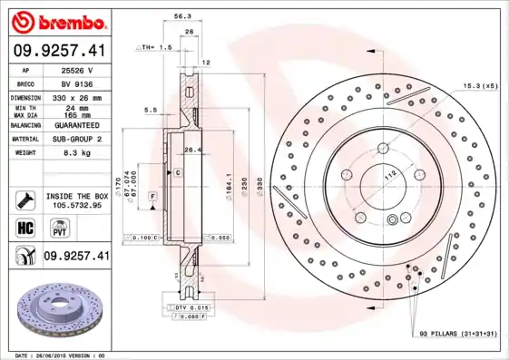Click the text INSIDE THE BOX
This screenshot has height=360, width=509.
(77, 196)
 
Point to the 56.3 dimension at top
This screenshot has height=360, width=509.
(181, 16)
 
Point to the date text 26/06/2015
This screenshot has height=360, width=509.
(59, 355)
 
